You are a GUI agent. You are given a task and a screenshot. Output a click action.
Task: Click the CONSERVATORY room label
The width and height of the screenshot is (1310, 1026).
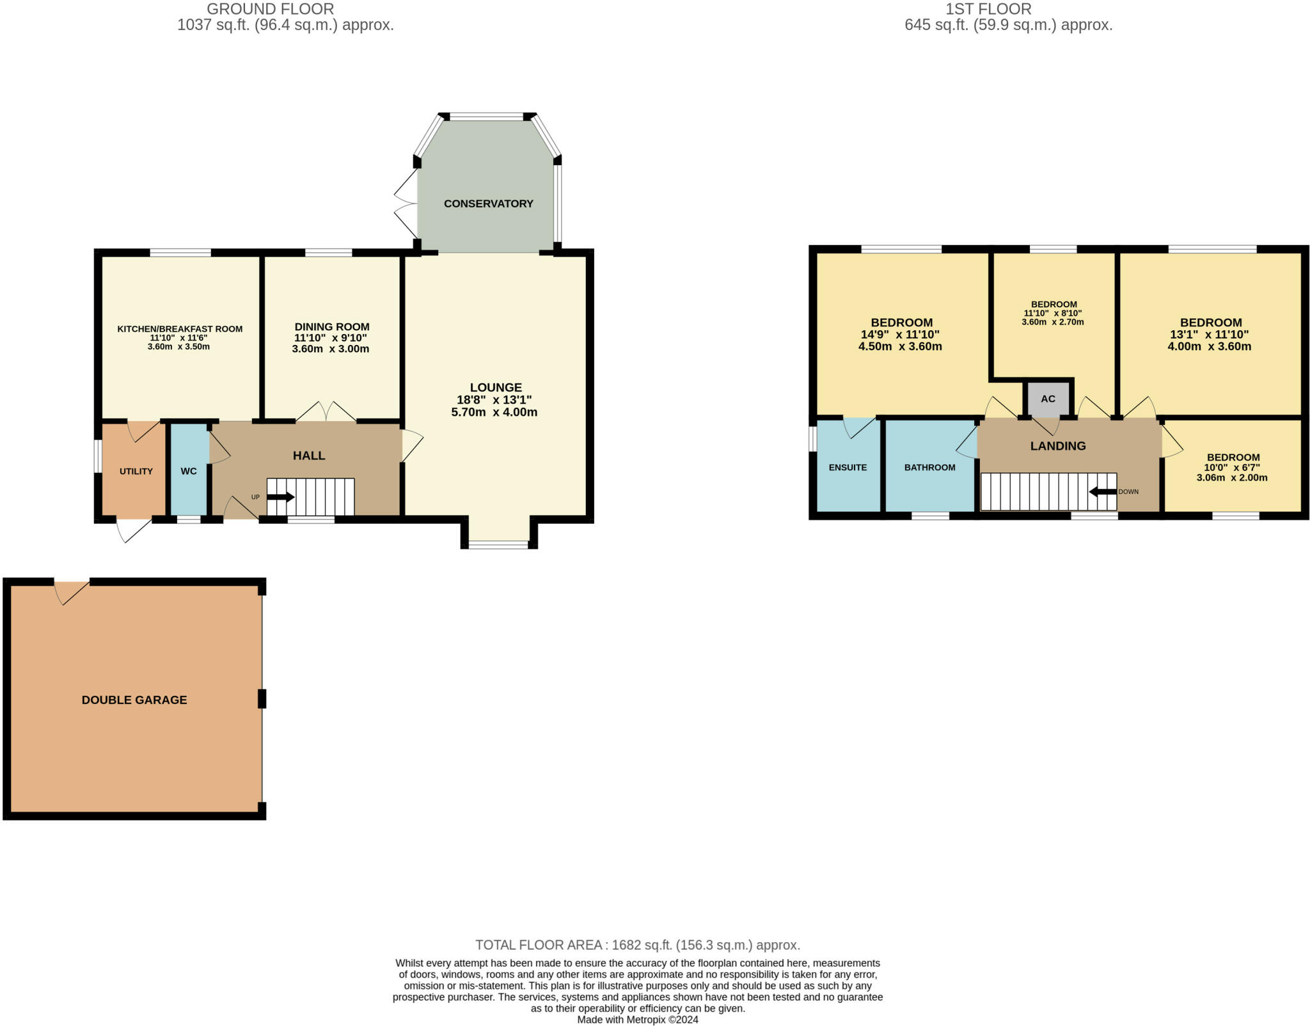click(488, 204)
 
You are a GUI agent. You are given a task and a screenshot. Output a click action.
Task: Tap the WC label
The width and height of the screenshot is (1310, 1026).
click(189, 471)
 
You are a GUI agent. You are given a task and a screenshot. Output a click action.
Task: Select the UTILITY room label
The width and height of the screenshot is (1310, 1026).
click(136, 472)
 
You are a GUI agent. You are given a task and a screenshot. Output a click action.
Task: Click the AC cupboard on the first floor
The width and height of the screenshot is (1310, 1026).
click(1048, 399)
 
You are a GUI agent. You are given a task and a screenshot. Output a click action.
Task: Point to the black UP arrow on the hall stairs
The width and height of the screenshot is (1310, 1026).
click(281, 497)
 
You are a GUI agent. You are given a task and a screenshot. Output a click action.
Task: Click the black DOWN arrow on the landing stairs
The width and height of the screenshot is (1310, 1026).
click(1103, 492)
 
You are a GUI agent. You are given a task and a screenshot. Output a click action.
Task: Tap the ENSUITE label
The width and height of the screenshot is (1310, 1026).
click(848, 468)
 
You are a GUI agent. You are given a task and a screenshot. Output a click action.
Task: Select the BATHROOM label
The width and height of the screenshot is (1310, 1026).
click(929, 468)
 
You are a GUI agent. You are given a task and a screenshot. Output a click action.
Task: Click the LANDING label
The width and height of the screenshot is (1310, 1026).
click(1058, 446)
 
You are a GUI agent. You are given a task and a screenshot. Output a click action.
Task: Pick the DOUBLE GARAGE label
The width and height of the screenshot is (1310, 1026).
click(134, 700)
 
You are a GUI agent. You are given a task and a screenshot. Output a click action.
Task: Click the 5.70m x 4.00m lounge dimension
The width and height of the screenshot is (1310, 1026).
click(494, 412)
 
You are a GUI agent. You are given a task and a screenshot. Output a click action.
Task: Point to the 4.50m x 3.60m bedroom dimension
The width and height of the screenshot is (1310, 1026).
click(900, 347)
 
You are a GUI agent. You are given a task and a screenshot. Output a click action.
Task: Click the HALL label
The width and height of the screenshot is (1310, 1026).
click(309, 456)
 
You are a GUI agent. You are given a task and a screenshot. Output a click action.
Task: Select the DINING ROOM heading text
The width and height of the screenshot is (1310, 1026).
click(332, 327)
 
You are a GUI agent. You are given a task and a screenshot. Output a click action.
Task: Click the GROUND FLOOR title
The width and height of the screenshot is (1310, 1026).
click(270, 9)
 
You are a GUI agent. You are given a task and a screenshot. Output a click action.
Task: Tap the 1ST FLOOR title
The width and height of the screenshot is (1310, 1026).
click(988, 9)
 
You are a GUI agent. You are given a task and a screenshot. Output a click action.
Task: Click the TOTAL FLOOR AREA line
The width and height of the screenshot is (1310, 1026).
click(638, 945)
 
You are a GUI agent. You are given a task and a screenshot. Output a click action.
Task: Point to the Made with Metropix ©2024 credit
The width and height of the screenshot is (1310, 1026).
click(638, 1020)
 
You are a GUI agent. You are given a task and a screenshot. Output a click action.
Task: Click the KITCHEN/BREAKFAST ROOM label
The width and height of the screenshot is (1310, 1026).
click(180, 329)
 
